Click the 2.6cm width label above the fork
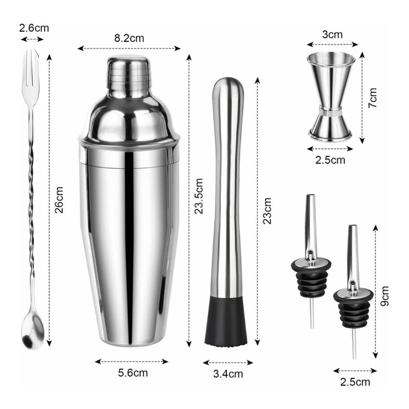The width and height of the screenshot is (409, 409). point(34,28)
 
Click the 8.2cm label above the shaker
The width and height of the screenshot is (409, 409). point(129,37)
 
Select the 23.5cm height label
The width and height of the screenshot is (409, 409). point(199,195)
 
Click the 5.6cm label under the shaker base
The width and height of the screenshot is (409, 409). point(131,373)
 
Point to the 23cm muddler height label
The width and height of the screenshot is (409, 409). point(267,211)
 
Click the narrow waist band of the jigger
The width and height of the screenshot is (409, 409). point(332,109)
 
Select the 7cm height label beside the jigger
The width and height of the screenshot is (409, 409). point(373,97)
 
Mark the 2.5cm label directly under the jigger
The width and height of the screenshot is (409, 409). point(330,160)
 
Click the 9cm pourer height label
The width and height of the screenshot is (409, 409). point(385,295)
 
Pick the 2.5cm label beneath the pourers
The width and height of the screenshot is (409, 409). point(355,382)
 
